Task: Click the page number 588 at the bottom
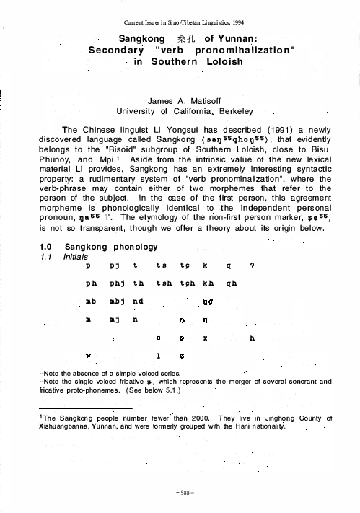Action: pos(180,495)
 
